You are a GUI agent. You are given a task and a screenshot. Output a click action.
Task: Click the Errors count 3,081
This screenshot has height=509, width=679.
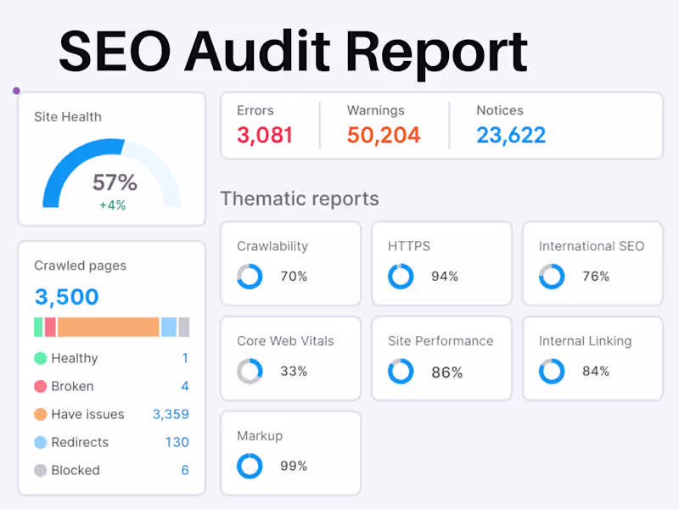pos(265,135)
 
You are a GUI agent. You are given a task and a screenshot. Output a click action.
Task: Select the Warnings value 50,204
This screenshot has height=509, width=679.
pos(384,135)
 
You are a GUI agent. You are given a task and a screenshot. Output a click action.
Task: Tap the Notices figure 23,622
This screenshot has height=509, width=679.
pos(511,135)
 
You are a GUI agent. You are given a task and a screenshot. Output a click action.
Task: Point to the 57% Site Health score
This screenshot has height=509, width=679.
pos(115,182)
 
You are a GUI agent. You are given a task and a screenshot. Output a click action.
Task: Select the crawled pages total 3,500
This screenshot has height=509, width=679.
pos(66,297)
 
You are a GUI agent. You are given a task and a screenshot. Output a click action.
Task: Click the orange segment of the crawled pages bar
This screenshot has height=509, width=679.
pos(109,327)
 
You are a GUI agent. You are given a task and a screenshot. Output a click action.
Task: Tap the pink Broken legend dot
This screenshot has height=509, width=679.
pos(40,386)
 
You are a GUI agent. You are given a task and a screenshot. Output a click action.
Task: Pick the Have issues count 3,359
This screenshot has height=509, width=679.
pos(171,414)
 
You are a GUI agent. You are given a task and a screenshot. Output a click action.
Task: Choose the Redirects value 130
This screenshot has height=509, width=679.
pos(177,442)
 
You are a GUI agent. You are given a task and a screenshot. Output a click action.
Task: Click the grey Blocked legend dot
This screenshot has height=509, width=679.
pos(40,470)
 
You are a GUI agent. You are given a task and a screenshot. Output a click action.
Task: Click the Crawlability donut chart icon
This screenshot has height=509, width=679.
pos(250,277)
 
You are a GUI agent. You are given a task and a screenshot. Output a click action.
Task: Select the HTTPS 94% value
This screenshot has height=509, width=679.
pos(444,277)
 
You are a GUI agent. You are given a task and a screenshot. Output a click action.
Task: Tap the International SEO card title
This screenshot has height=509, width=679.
pos(592,246)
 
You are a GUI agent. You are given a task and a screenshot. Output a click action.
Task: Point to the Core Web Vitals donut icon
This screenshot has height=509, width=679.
pos(250,372)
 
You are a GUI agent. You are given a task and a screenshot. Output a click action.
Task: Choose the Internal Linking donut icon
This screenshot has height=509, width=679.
pos(552,372)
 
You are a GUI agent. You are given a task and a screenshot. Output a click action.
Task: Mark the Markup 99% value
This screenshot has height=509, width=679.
pos(294,466)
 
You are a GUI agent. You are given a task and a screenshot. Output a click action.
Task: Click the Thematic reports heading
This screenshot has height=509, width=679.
pos(300,199)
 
